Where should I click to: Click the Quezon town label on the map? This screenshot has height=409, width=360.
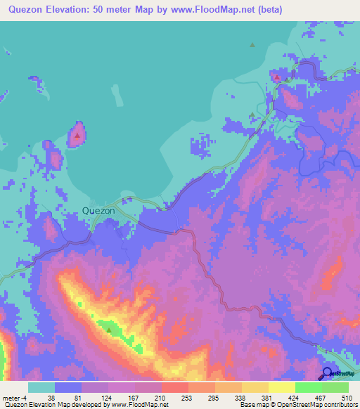pos(98,209)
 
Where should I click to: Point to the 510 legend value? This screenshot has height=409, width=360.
pos(345,398)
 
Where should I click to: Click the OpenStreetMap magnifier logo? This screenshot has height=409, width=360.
pos(327,373)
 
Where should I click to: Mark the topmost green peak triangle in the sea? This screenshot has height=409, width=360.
pos(252,45)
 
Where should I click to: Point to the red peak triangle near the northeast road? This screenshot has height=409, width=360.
pos(277,78)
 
